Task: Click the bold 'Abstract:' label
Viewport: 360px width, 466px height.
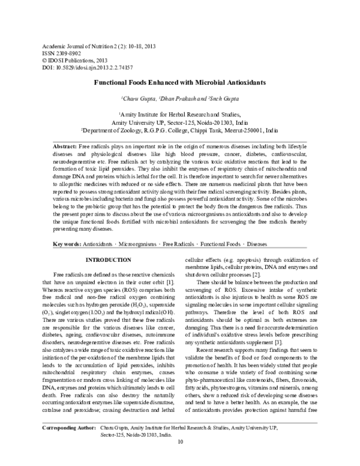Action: pyautogui.click(x=65, y=146)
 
